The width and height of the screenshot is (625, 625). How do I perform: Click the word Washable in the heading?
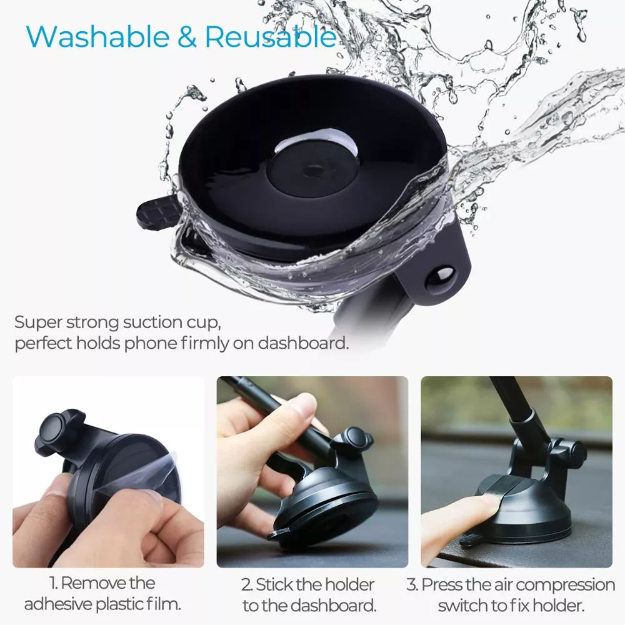pos(98,37)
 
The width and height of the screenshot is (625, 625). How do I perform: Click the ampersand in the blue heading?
pos(187,37)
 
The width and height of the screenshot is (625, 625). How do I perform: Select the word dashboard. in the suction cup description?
pos(303,342)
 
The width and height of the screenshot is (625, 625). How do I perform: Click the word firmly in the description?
pos(204,343)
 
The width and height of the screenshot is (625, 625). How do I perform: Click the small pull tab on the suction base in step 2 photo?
pos(279,534)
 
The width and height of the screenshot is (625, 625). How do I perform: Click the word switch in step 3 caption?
pos(462,606)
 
